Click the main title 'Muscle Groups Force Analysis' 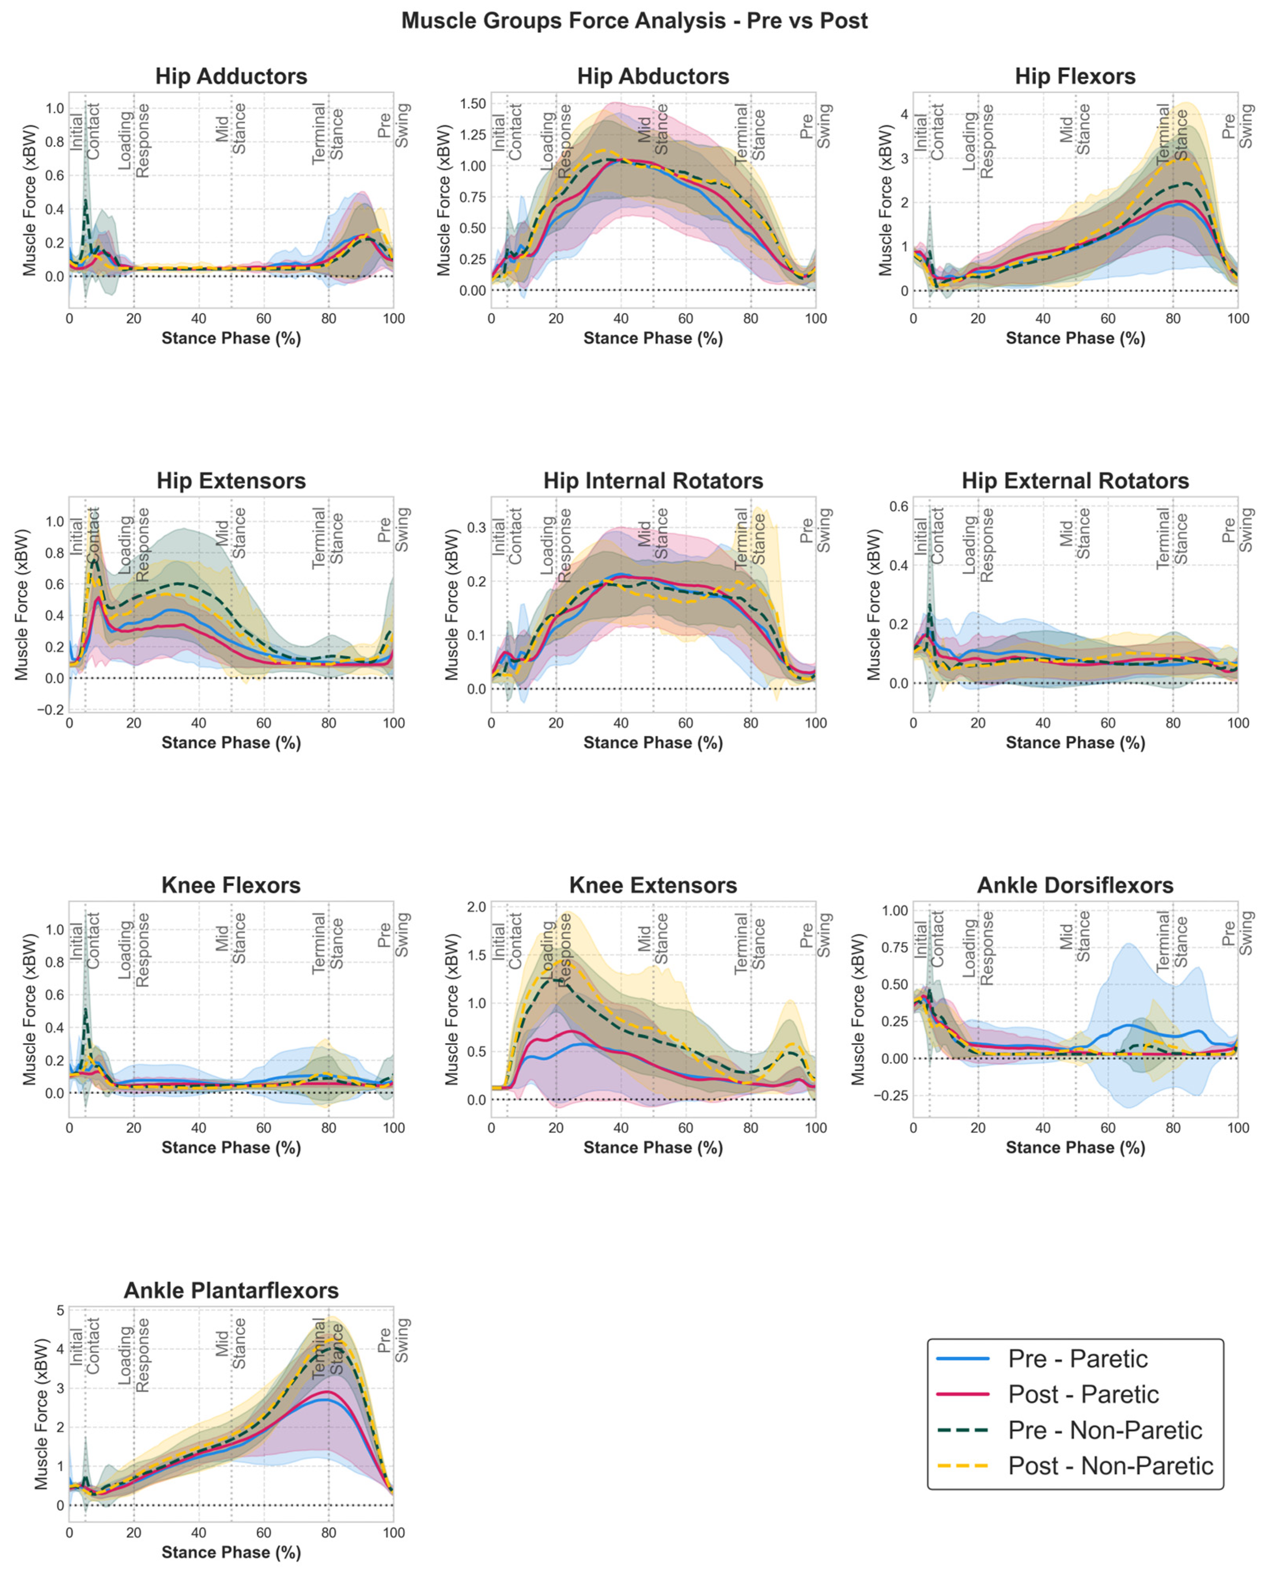633,21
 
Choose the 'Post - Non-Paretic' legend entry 1110,1466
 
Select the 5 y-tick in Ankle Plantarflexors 60,1310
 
